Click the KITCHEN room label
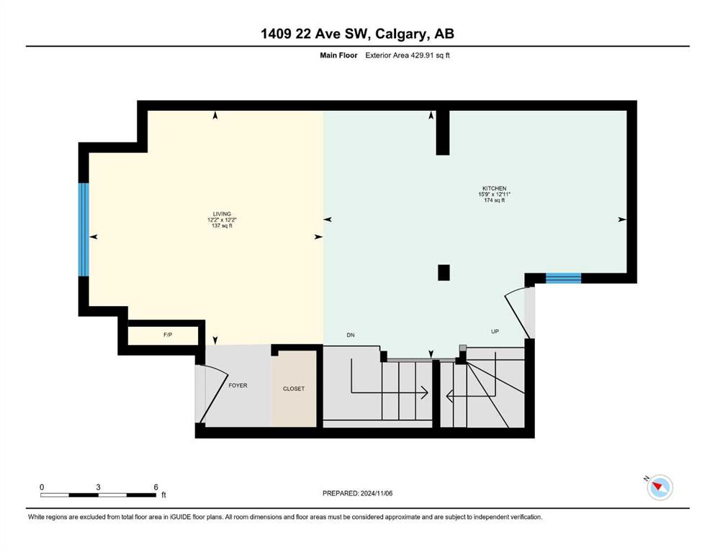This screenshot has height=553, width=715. [x=494, y=188]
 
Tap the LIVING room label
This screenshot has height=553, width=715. [x=222, y=214]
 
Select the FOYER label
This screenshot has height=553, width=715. [x=238, y=385]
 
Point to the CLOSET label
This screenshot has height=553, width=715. [x=294, y=388]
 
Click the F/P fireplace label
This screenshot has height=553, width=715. [x=168, y=335]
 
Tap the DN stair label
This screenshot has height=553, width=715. [x=351, y=335]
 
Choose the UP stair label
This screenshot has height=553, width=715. [x=495, y=331]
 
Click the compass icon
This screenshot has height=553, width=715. [x=660, y=487]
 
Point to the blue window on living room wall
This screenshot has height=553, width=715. [x=84, y=229]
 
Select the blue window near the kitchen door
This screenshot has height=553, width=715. [x=563, y=278]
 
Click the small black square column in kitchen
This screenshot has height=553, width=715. [x=444, y=273]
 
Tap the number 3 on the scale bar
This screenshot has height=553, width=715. [x=98, y=487]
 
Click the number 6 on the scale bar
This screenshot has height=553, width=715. [x=156, y=487]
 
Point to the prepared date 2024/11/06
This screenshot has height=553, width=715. [x=376, y=493]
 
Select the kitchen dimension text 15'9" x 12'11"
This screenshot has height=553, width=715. [x=494, y=194]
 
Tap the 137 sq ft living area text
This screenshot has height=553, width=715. [x=222, y=225]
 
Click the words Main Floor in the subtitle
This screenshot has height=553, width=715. [x=338, y=55]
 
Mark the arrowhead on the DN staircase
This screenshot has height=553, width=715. [x=424, y=392]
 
